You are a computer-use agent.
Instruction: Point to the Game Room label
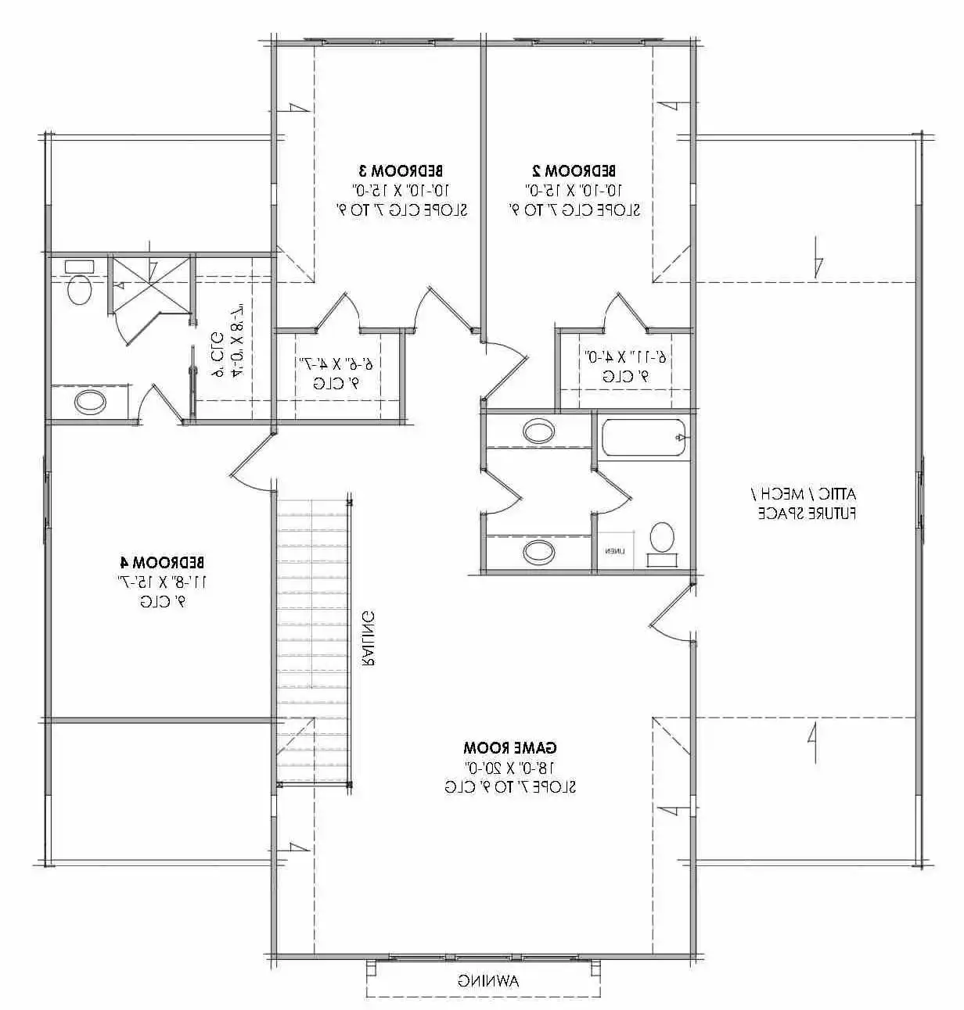[510, 747]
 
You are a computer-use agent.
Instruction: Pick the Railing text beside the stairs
[368, 638]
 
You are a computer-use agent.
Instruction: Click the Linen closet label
[613, 551]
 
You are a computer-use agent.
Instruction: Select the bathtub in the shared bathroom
[644, 437]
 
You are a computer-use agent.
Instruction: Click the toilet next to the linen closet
[662, 539]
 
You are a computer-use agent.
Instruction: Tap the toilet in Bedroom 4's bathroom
[79, 286]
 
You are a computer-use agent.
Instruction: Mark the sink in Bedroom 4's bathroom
[90, 403]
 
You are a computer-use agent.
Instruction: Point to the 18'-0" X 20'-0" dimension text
[510, 767]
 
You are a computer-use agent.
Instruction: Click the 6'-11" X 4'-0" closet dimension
[627, 356]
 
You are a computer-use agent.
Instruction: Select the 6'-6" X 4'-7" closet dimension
[337, 363]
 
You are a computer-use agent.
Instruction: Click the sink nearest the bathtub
[538, 430]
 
